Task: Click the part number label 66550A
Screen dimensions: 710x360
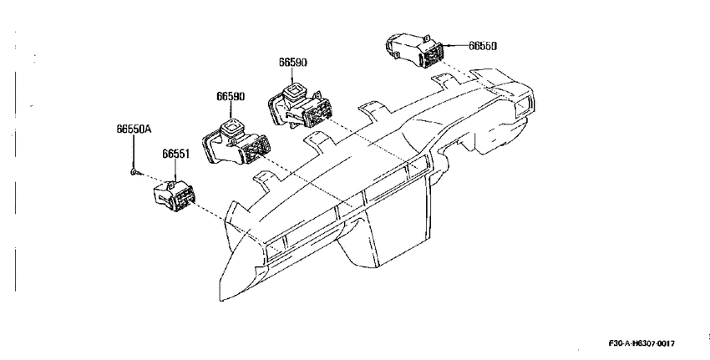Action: [x=134, y=129]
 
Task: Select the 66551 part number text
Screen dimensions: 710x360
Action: [x=175, y=154]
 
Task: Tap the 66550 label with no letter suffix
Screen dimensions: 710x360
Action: [x=482, y=46]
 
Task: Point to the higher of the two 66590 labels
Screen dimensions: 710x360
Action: [x=292, y=62]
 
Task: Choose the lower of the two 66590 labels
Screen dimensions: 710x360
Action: [x=231, y=96]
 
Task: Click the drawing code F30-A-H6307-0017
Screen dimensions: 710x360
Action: [x=642, y=343]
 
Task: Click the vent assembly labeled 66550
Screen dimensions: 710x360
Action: [x=413, y=51]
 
